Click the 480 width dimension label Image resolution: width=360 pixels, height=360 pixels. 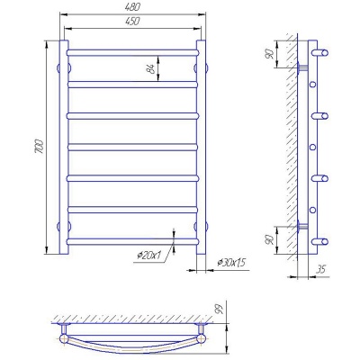pos(132,7)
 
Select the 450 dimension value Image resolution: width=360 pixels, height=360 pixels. pos(132,22)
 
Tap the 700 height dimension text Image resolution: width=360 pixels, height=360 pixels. pos(40,147)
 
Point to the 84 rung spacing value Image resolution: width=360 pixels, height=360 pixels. pos(151,68)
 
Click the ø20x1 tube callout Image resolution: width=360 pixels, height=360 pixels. pos(149,256)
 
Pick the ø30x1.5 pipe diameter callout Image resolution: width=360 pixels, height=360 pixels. pos(231,263)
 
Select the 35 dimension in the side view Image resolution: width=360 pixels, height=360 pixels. pos(320,269)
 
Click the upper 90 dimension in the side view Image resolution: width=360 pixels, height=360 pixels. pos(270,54)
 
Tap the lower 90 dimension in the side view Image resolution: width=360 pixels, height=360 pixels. pos(270,239)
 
